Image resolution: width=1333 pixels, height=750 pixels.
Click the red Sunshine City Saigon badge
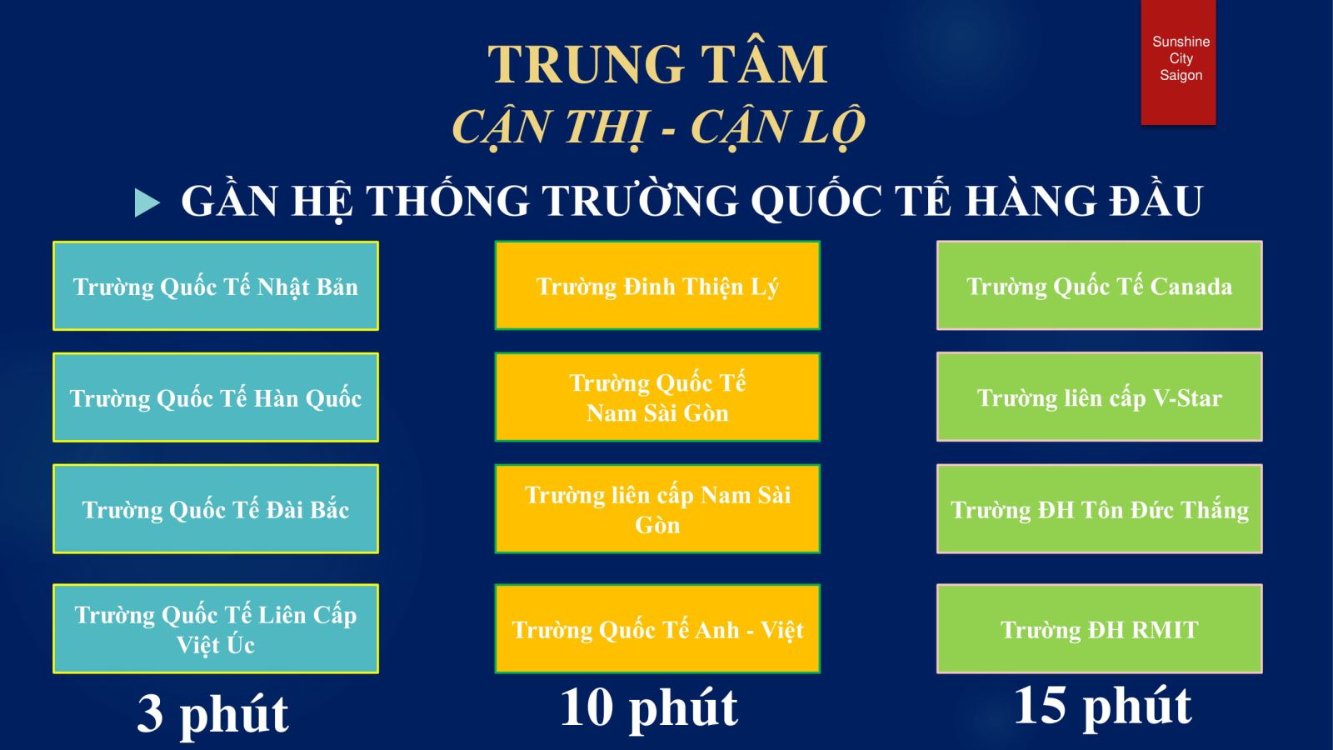click(1178, 62)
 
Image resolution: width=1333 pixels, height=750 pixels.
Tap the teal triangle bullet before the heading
click(147, 202)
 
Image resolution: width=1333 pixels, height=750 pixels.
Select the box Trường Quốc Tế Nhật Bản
click(216, 286)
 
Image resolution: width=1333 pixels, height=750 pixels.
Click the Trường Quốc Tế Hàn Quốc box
click(216, 397)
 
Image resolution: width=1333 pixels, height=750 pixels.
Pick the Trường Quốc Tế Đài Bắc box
click(216, 509)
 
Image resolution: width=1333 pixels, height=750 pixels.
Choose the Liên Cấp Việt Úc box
click(216, 628)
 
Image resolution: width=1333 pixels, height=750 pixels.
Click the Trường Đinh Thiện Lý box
click(657, 285)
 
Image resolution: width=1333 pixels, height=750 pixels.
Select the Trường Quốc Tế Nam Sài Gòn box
click(657, 397)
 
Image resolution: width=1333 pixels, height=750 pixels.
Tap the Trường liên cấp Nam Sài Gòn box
click(657, 509)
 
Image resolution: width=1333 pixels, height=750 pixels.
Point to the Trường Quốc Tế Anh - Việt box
click(657, 628)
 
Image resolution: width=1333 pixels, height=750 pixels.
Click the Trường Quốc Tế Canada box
click(1100, 285)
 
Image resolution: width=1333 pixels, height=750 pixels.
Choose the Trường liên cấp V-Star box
click(1100, 397)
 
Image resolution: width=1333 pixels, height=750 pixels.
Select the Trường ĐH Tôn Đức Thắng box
click(1100, 509)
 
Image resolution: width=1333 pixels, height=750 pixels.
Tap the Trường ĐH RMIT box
click(1100, 628)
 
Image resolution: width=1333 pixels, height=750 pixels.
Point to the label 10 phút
click(649, 709)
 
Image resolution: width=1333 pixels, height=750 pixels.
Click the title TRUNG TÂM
click(657, 64)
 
